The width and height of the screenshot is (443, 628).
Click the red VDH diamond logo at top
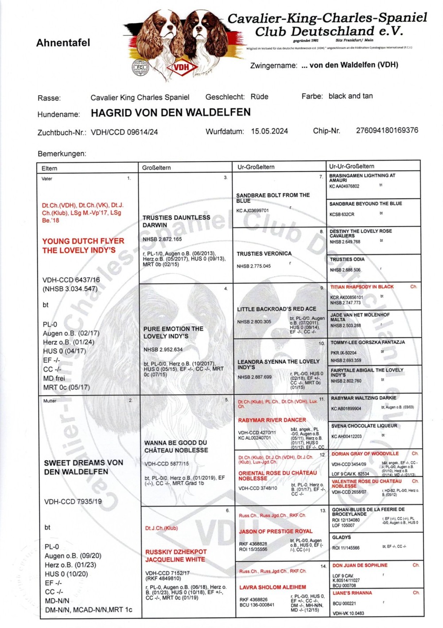pos(181,67)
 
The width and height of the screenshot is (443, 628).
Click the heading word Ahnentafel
pos(63,43)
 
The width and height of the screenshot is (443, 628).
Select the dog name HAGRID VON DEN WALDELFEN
pos(171,113)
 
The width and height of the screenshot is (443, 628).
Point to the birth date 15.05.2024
pos(269,131)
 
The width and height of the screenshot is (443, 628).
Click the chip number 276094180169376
pos(387,130)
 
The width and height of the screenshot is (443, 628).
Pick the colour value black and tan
pos(350,96)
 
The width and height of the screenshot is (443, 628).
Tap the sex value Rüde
pos(259,96)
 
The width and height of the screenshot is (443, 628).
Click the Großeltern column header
pos(156,168)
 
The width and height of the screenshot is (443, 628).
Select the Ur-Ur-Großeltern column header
pos(351,166)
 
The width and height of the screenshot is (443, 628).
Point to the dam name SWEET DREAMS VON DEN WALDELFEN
pos(83,467)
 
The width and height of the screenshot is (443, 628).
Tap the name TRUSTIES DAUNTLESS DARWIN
pos(176,221)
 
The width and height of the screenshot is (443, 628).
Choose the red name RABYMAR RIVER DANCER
pos(272,420)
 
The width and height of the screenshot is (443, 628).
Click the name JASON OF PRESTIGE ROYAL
pos(276,531)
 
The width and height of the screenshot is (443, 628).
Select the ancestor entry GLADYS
pos(341,537)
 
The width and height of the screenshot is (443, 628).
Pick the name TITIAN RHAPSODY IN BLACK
pos(362,287)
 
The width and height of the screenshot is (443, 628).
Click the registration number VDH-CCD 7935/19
pos(73,501)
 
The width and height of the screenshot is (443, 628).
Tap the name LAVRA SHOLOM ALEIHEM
pos(272,587)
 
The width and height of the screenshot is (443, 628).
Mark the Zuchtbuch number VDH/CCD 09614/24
pos(124,132)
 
